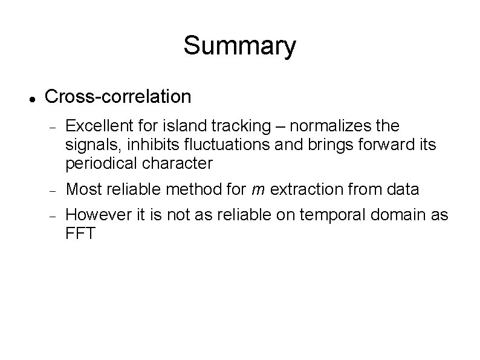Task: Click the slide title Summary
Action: pyautogui.click(x=239, y=46)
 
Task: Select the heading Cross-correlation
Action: pyautogui.click(x=118, y=96)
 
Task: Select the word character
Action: pyautogui.click(x=180, y=163)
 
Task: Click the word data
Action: pyautogui.click(x=403, y=189)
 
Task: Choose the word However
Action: pyautogui.click(x=95, y=215)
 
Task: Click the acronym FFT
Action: pyautogui.click(x=80, y=234)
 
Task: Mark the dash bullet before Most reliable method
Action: pyautogui.click(x=54, y=191)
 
